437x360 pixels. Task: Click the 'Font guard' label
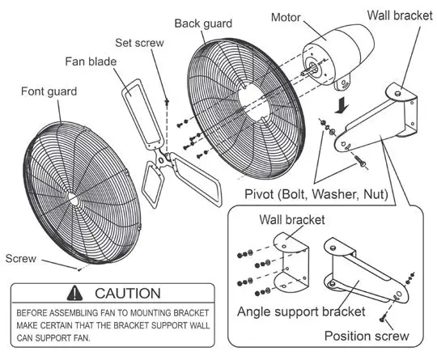point(49,92)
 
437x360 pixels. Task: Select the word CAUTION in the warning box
point(127,293)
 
